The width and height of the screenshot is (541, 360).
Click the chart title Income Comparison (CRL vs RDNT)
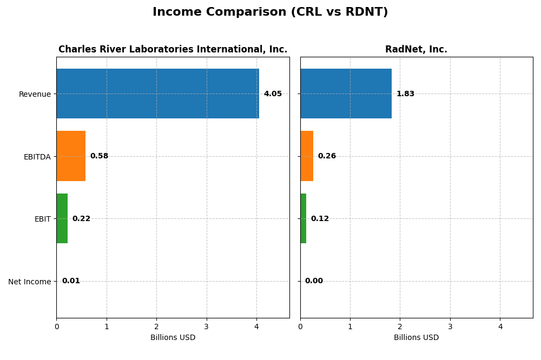[270, 12]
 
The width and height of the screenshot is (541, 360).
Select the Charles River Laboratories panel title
[173, 49]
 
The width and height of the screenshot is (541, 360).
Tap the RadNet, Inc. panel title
[416, 49]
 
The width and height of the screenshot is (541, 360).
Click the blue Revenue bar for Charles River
[157, 94]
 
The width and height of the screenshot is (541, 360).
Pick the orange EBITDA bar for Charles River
[71, 156]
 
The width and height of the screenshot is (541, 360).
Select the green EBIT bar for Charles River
[62, 218]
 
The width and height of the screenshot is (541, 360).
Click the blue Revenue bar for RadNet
[346, 94]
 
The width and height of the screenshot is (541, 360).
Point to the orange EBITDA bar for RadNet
[307, 156]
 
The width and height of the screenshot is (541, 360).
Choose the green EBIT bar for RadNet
[304, 218]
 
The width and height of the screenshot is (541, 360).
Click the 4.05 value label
[273, 94]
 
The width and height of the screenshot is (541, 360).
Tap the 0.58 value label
[99, 156]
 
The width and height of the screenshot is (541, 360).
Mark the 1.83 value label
[405, 94]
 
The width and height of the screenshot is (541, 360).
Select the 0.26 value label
[327, 156]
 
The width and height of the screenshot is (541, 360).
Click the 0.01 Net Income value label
[71, 281]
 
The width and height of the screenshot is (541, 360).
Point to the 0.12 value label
[320, 219]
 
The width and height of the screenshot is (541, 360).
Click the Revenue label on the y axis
[35, 94]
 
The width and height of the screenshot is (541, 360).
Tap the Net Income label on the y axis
[29, 282]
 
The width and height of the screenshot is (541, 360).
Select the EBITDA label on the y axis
[37, 157]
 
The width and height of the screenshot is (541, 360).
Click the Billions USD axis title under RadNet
[416, 338]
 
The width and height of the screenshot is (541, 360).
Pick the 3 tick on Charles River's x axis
[207, 326]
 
